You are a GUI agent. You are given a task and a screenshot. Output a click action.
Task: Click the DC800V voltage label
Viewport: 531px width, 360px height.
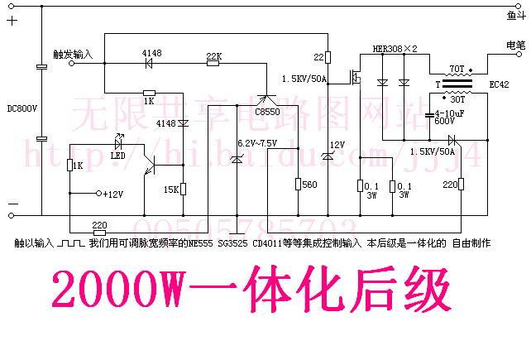click(22, 108)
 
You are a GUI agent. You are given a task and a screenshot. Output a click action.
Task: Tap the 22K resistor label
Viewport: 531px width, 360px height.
click(213, 56)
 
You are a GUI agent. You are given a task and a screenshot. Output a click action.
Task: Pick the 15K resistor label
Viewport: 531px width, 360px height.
click(171, 190)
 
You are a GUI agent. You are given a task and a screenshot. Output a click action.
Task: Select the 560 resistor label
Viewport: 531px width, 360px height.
click(310, 185)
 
